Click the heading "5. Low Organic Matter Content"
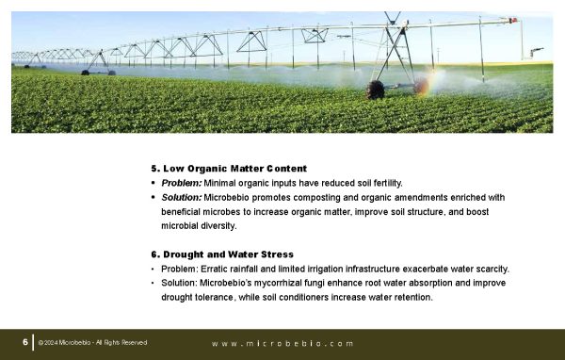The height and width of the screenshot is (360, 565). coord(229,169)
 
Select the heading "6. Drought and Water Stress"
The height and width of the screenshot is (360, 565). coord(222,254)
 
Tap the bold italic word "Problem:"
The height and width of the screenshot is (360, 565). coord(181,183)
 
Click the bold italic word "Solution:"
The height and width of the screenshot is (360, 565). coord(181,198)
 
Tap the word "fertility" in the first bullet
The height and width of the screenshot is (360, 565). coord(387,184)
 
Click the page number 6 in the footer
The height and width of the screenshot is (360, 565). coord(25,342)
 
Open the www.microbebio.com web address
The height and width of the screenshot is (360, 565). coord(282,344)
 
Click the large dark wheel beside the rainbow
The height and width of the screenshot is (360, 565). coord(375,90)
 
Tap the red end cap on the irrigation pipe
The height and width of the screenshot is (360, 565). coord(513,20)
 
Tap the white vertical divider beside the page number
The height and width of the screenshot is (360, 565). coord(34,342)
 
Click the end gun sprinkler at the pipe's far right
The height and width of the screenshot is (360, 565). coord(536,52)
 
